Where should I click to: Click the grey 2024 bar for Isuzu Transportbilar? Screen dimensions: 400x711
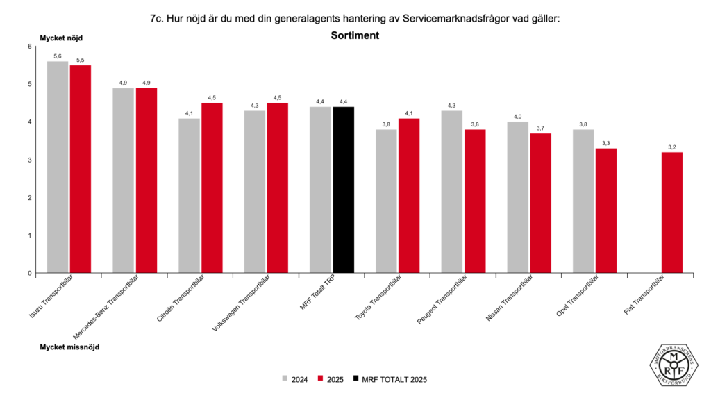click(58, 167)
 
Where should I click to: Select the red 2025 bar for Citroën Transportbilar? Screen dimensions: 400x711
click(212, 187)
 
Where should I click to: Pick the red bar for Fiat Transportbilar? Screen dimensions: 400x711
click(672, 212)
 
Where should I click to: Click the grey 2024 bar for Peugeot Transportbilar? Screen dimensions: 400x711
click(452, 192)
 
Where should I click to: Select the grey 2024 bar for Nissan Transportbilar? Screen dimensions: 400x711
click(517, 197)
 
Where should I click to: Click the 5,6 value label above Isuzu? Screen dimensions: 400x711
click(58, 56)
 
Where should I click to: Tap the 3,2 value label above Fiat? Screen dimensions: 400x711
click(672, 147)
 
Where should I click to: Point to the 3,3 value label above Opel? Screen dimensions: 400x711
click(606, 143)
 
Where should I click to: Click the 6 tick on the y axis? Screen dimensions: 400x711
click(30, 47)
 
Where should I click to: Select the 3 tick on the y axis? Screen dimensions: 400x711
click(30, 160)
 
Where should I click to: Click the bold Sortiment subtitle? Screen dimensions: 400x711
click(355, 35)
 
